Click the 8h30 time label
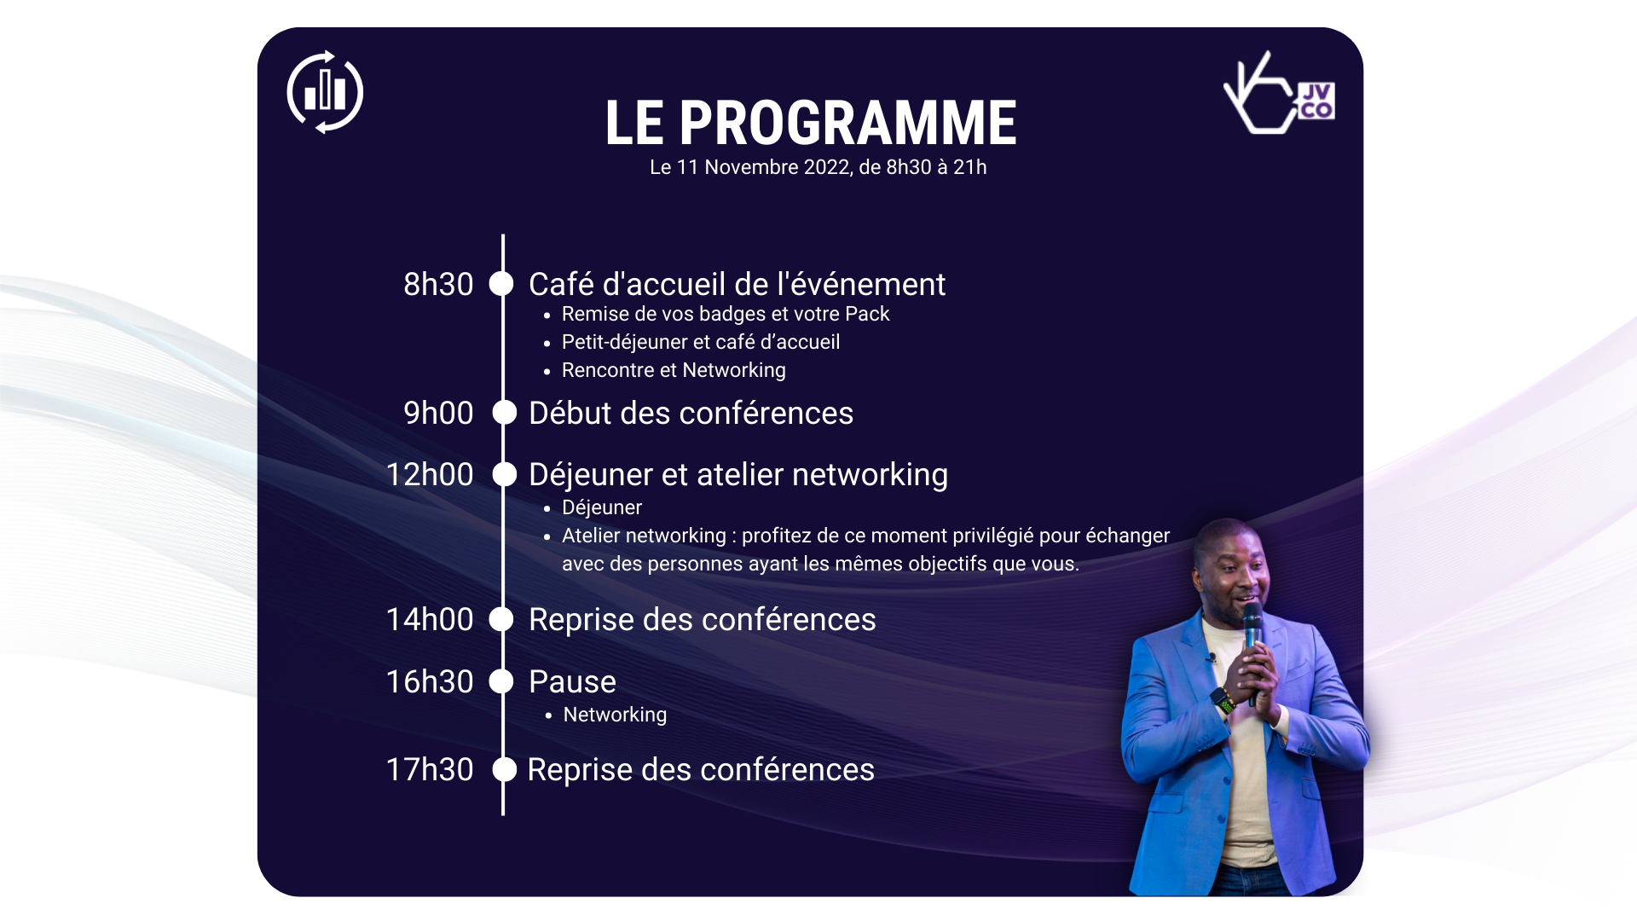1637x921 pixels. (438, 284)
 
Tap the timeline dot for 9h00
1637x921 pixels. (505, 413)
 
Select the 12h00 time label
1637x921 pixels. (430, 474)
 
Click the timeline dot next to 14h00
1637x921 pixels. (501, 619)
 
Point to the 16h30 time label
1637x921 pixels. (430, 681)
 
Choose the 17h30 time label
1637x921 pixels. (430, 769)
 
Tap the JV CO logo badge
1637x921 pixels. (1316, 101)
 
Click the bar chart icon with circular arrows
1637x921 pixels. (325, 92)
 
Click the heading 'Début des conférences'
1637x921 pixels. (691, 413)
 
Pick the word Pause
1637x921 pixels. (572, 681)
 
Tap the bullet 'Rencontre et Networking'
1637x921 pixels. (674, 370)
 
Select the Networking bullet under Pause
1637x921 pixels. (615, 715)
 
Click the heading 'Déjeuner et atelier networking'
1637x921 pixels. (738, 474)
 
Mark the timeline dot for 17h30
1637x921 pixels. (505, 769)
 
